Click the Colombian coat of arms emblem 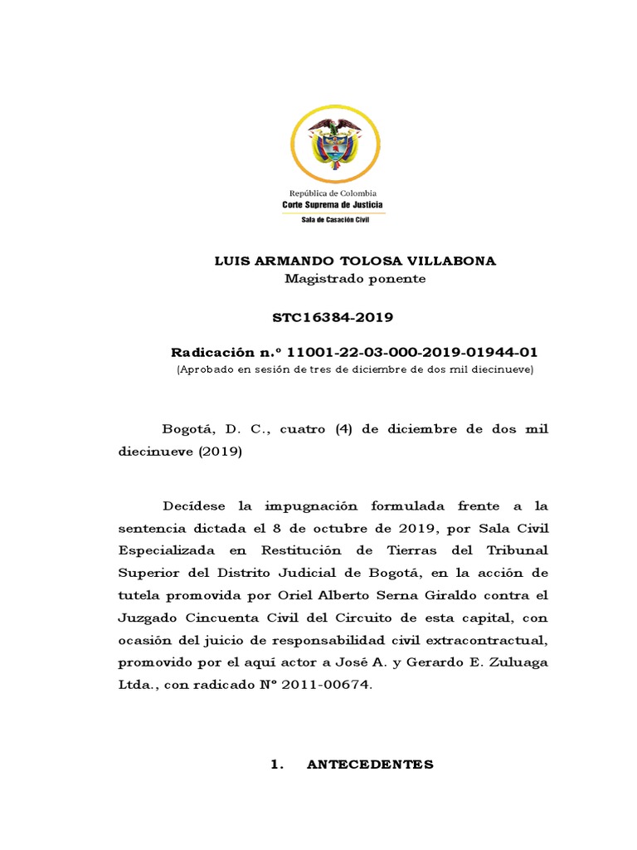336,144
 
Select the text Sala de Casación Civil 335,219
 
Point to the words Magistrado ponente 355,279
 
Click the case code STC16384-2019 333,318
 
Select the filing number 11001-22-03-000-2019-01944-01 411,353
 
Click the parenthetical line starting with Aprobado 355,369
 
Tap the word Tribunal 513,550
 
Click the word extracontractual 490,640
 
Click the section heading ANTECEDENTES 370,765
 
